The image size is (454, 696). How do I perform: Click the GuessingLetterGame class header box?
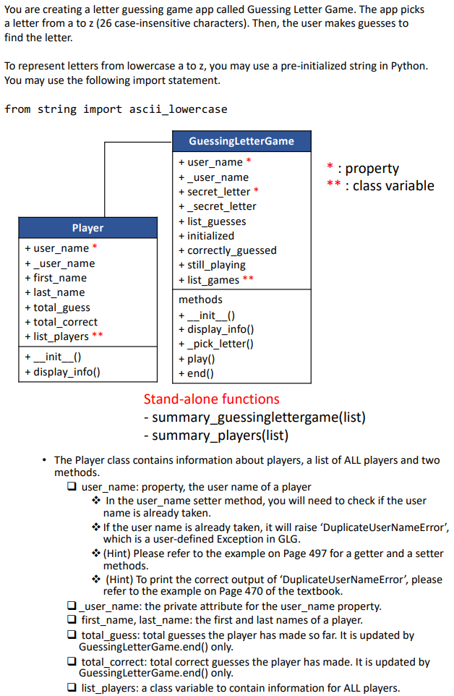point(241,141)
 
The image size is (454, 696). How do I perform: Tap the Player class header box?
point(87,228)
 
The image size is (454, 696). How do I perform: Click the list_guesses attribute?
point(216,221)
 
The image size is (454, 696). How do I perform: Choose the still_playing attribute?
point(216,265)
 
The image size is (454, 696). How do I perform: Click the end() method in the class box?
point(200,373)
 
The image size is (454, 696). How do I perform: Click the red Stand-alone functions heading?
point(211,399)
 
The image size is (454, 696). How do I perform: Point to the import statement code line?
point(116,109)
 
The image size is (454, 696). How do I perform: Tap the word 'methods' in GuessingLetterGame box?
point(200,300)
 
